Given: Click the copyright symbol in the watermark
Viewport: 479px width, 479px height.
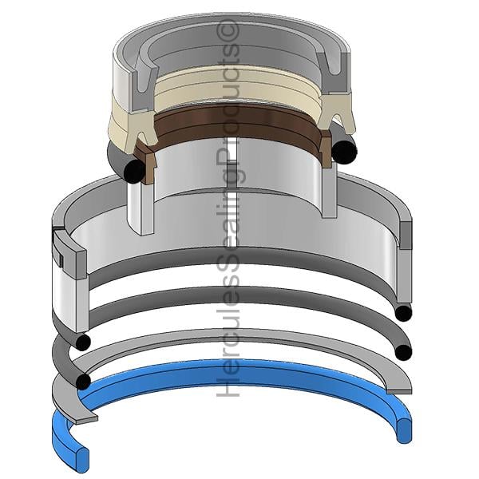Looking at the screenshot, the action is pyautogui.click(x=228, y=31).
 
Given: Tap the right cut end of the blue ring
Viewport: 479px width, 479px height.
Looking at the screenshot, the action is pyautogui.click(x=404, y=430).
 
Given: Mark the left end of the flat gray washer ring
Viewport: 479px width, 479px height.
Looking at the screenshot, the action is pyautogui.click(x=86, y=419).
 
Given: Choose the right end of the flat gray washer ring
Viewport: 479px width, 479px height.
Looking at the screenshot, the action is pyautogui.click(x=399, y=391).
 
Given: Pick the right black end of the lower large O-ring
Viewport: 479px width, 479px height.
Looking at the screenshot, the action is pyautogui.click(x=403, y=353).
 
